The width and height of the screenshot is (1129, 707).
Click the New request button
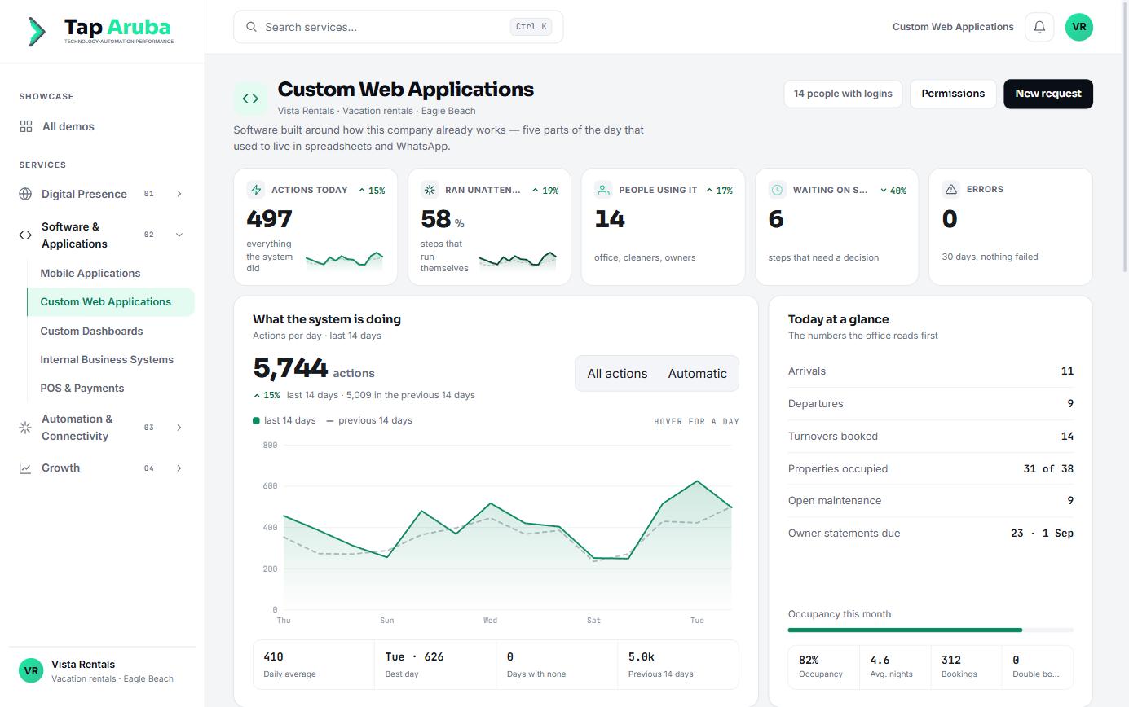coord(1047,94)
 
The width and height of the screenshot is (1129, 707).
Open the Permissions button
coord(953,94)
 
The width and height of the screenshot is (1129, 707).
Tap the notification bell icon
coord(1039,27)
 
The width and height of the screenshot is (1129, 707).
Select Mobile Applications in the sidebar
coord(90,273)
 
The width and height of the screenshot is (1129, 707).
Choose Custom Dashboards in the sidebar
coord(92,331)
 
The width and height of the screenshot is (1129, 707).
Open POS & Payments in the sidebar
coord(82,388)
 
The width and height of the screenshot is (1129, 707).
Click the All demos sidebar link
coord(68,126)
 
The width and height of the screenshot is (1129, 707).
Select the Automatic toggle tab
coord(697,373)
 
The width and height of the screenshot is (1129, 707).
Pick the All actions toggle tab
coord(617,373)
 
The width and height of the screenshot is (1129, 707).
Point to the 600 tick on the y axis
coord(270,486)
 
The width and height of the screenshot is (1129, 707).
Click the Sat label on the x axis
coord(593,621)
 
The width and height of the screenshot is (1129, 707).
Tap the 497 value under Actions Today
coord(269,218)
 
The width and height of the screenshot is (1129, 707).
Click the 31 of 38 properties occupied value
coord(1047,469)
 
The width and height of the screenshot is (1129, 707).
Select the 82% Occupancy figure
coord(809,660)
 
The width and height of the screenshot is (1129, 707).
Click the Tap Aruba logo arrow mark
coord(37,31)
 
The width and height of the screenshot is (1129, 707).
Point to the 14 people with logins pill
coord(843,94)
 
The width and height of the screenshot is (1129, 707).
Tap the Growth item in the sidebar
coord(60,468)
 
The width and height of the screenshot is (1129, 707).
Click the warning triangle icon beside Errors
coord(950,189)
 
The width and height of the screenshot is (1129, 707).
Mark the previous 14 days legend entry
coord(369,420)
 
